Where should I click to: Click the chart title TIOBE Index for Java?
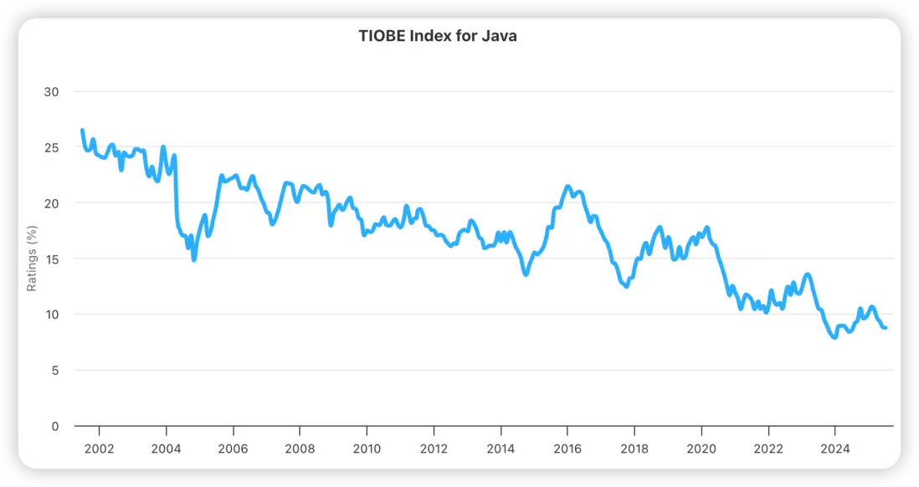(x=438, y=36)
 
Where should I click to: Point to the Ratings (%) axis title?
(x=32, y=259)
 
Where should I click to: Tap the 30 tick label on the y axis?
(x=51, y=91)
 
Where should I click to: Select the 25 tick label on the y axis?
(x=51, y=147)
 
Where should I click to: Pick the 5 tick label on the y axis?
(x=54, y=370)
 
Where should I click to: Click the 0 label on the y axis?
(x=54, y=426)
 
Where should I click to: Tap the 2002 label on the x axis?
(x=99, y=449)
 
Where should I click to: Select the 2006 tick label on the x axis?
(x=233, y=449)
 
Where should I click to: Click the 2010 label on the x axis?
(x=367, y=449)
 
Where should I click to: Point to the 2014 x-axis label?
(x=501, y=449)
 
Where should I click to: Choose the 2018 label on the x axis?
(x=634, y=449)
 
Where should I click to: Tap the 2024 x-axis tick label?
(x=835, y=449)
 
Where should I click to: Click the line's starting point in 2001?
(x=82, y=131)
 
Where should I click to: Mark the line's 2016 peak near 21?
(x=567, y=187)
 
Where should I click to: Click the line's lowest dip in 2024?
(x=834, y=337)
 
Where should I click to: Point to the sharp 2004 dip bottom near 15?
(x=194, y=259)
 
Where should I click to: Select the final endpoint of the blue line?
(x=886, y=327)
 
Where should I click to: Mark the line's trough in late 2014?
(x=526, y=274)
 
